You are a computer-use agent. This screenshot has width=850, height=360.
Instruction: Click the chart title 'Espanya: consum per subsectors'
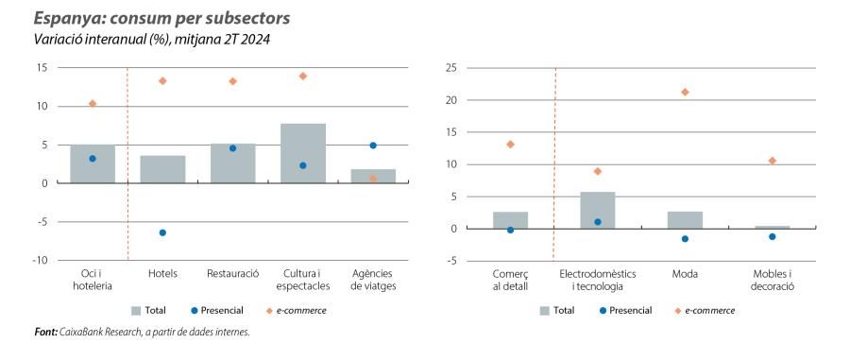(x=161, y=19)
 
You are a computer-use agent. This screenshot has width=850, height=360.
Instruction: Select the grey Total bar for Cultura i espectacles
(x=303, y=153)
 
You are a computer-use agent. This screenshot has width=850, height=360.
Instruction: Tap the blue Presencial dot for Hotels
(x=162, y=232)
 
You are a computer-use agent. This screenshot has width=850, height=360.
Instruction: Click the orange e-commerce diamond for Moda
(x=685, y=92)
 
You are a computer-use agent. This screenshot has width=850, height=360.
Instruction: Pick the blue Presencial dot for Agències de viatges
(x=373, y=146)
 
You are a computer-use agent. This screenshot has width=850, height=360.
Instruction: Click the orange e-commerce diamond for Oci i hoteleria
(x=93, y=103)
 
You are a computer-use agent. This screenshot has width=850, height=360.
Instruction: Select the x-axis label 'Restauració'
(x=232, y=273)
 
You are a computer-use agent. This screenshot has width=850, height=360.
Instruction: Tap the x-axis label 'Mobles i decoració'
(x=772, y=279)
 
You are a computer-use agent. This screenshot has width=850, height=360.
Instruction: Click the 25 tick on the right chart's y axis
(x=450, y=68)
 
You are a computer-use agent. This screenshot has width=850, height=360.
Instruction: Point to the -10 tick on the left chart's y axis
(x=41, y=260)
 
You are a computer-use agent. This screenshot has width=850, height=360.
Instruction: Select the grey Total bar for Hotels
(x=162, y=169)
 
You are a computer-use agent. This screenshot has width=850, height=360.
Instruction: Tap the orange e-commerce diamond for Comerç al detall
(x=510, y=145)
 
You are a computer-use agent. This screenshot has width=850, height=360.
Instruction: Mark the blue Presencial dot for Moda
(x=685, y=239)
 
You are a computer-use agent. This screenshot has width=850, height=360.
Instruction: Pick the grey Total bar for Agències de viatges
(x=373, y=176)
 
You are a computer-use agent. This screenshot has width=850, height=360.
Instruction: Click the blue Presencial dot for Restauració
(x=232, y=148)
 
